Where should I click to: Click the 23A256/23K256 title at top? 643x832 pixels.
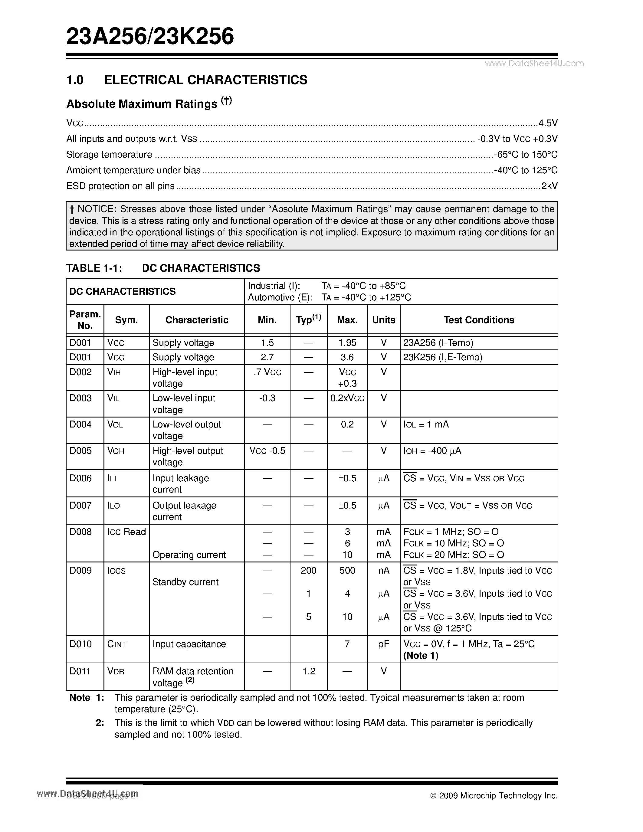pyautogui.click(x=150, y=37)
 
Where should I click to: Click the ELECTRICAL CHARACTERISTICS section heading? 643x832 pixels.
pyautogui.click(x=205, y=80)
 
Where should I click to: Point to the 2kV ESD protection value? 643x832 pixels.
pyautogui.click(x=549, y=186)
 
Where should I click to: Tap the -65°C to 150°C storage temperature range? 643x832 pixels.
pyautogui.click(x=526, y=155)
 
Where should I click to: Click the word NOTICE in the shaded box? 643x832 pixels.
pyautogui.click(x=97, y=209)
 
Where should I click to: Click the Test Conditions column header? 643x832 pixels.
pyautogui.click(x=478, y=320)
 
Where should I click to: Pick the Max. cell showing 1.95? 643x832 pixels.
pyautogui.click(x=347, y=343)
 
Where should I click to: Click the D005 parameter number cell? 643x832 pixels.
pyautogui.click(x=81, y=451)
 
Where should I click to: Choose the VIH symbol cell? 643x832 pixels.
pyautogui.click(x=114, y=372)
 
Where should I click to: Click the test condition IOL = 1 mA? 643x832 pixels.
pyautogui.click(x=426, y=424)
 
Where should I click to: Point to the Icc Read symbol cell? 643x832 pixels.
pyautogui.click(x=126, y=532)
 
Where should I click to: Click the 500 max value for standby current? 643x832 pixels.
pyautogui.click(x=347, y=571)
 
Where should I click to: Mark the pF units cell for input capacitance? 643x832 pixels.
pyautogui.click(x=384, y=644)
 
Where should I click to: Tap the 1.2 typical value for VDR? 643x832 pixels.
pyautogui.click(x=309, y=671)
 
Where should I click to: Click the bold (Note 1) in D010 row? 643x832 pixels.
pyautogui.click(x=421, y=656)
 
